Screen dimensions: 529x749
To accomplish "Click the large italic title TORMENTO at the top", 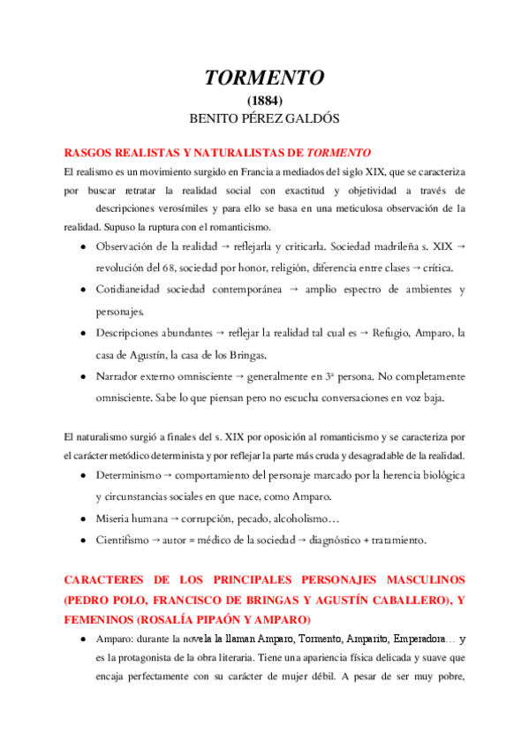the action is click(264, 78).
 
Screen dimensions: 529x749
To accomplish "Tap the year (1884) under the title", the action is click(265, 102).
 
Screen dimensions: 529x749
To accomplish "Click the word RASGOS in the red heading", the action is click(92, 152).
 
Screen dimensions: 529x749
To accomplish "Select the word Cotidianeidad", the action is click(134, 290).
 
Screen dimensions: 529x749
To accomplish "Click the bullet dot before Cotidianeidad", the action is click(81, 290).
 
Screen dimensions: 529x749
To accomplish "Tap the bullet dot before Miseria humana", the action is click(81, 518).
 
